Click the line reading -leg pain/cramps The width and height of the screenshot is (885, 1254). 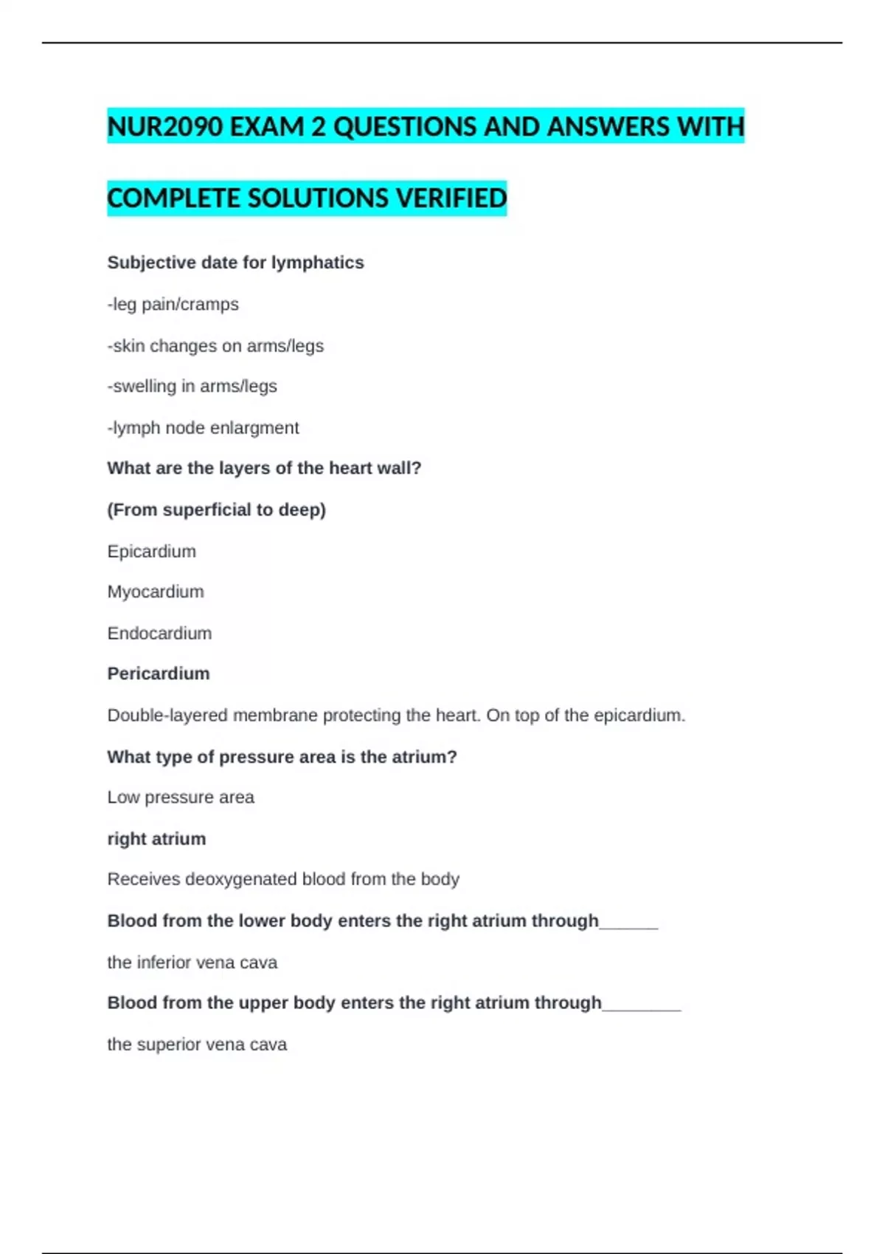tap(173, 304)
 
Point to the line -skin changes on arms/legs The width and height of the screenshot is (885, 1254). tap(215, 346)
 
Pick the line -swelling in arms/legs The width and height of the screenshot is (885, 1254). tap(192, 387)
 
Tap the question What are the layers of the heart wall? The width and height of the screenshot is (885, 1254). tap(264, 468)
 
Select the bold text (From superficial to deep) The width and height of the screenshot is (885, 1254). tap(216, 510)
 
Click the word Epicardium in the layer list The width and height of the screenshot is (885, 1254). tap(151, 551)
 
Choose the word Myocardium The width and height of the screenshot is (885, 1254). tap(156, 592)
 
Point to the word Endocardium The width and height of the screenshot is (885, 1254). tap(159, 633)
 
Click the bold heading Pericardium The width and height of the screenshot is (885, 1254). tap(159, 673)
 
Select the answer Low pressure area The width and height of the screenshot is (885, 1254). tap(181, 797)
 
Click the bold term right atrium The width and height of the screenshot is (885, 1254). tap(156, 839)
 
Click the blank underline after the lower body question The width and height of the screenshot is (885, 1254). tap(628, 925)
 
